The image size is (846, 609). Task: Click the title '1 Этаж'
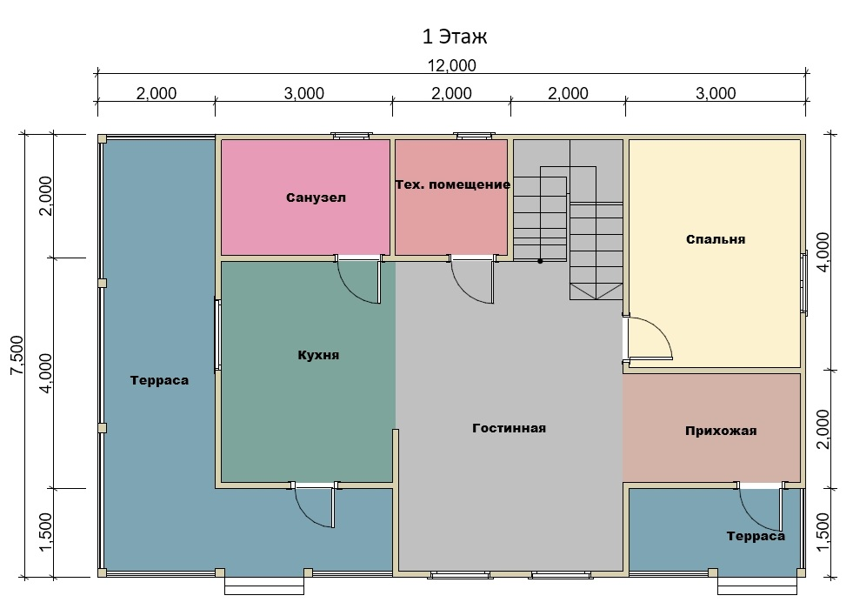pyautogui.click(x=454, y=37)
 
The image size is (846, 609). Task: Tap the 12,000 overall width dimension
pyautogui.click(x=451, y=65)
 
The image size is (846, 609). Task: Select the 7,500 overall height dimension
pyautogui.click(x=17, y=355)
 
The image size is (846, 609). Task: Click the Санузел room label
pyautogui.click(x=316, y=197)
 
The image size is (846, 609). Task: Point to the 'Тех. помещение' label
pyautogui.click(x=453, y=184)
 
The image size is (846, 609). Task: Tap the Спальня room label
pyautogui.click(x=716, y=239)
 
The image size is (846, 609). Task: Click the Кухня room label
pyautogui.click(x=318, y=355)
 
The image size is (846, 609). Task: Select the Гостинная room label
pyautogui.click(x=509, y=428)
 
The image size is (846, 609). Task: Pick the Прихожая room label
pyautogui.click(x=721, y=431)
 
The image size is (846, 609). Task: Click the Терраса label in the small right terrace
pyautogui.click(x=756, y=536)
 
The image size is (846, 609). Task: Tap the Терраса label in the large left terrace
pyautogui.click(x=159, y=380)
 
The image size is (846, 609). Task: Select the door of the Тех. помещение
pyautogui.click(x=472, y=281)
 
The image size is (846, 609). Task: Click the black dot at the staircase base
pyautogui.click(x=540, y=261)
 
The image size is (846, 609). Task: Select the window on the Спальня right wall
pyautogui.click(x=804, y=283)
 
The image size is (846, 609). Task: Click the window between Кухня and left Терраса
pyautogui.click(x=217, y=335)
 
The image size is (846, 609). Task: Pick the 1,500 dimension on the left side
pyautogui.click(x=46, y=532)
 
